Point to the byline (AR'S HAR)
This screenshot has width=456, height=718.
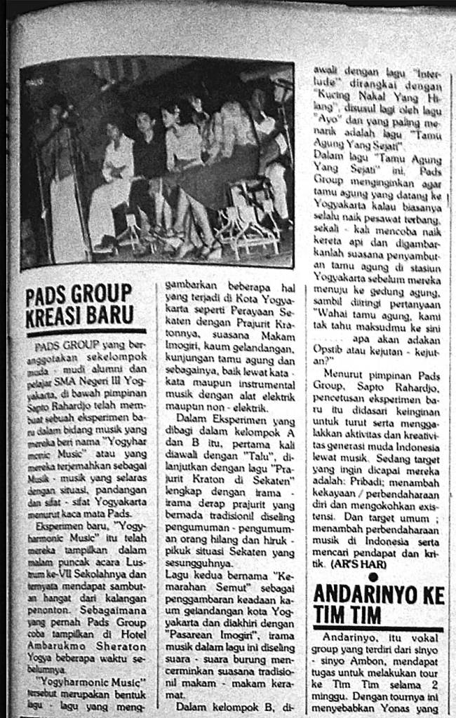(356, 563)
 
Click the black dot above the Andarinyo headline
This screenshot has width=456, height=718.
(373, 576)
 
